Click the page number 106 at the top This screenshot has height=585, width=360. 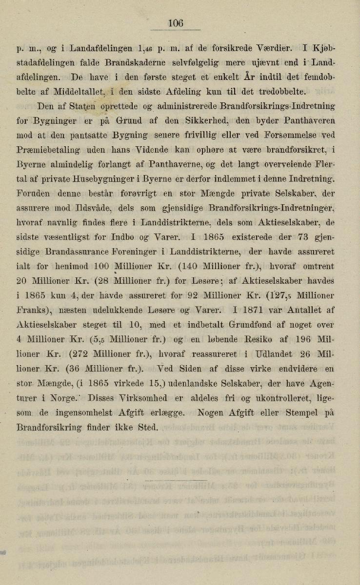coord(176,23)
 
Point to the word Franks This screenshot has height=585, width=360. coord(34,310)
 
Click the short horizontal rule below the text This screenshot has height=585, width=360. coord(176,480)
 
